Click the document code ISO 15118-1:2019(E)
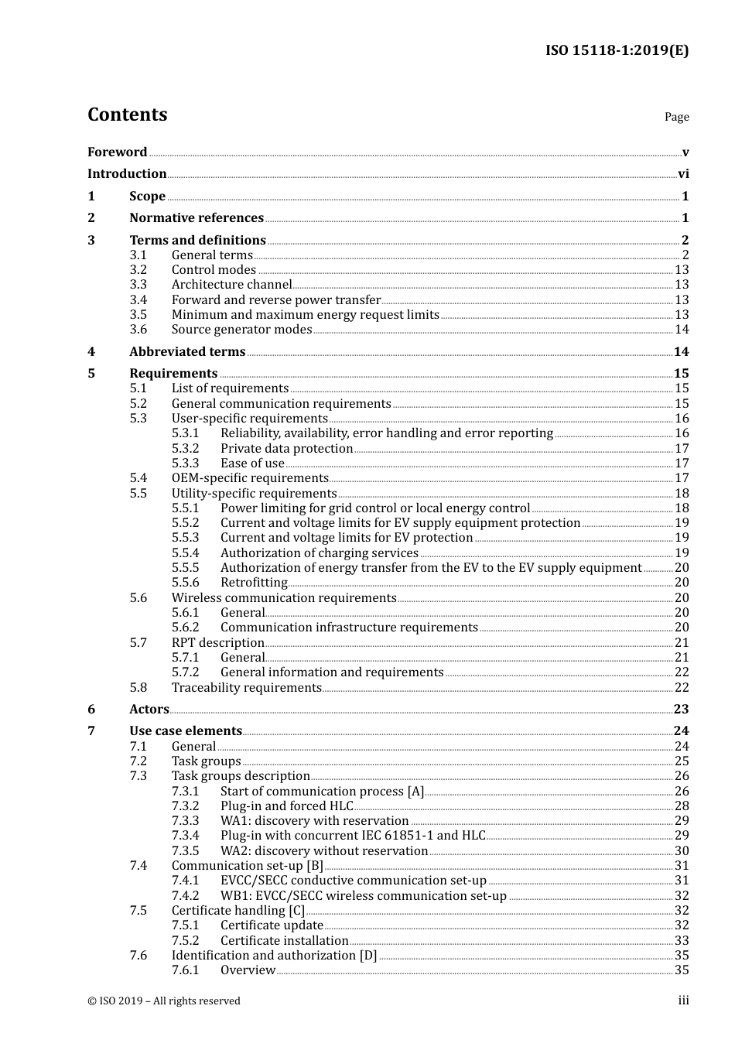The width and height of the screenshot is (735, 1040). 617,51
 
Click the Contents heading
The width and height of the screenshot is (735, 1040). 127,115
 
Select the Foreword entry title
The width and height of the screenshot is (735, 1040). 117,152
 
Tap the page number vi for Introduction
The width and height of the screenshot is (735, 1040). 683,174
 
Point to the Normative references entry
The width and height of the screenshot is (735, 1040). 197,218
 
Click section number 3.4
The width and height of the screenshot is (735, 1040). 138,300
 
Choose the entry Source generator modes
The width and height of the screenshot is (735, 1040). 241,330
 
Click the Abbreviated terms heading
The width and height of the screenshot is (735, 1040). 187,352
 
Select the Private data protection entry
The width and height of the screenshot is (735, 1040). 286,449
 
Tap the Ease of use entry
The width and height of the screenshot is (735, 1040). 252,464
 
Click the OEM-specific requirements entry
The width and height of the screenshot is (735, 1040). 250,478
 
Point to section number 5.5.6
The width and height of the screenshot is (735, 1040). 185,583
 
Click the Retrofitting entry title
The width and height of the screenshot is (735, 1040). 254,583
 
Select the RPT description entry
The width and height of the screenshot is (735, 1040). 218,643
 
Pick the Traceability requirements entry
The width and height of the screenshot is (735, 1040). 246,688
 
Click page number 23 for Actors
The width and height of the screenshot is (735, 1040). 681,710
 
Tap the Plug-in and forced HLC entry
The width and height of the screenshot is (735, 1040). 286,806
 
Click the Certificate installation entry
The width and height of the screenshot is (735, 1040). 284,941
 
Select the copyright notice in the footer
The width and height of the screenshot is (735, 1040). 164,1001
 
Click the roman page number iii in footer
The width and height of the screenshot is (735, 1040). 683,1001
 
